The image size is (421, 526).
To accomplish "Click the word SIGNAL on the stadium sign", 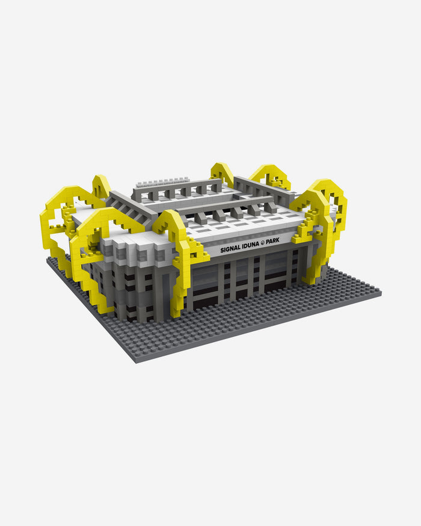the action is [230, 249].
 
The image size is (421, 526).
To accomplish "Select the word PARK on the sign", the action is [272, 240].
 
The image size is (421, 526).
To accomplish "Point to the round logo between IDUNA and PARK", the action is [263, 242].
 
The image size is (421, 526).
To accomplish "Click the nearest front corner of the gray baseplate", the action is [136, 362].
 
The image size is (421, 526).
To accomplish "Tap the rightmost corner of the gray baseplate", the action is [381, 293].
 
